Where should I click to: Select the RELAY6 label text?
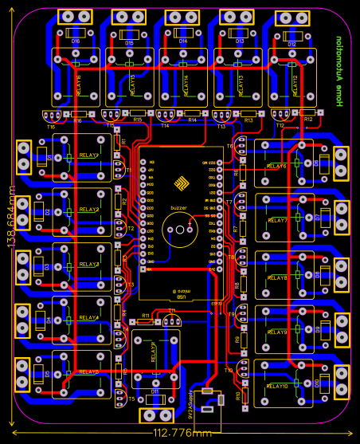pos(276,166)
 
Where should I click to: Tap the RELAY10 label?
pos(276,386)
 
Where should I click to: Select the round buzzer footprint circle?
pos(178,231)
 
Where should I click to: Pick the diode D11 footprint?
pos(155,392)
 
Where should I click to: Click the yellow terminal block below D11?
pos(155,415)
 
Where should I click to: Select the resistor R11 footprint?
pos(145,323)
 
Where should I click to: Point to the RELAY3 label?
pos(88,264)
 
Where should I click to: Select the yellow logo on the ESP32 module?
pos(181,187)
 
